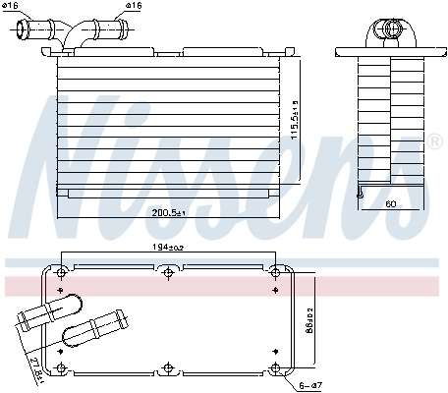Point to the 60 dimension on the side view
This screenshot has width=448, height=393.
pos(390,204)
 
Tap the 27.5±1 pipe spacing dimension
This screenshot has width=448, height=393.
pos(38,372)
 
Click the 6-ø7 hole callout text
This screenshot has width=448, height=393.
pos(310,386)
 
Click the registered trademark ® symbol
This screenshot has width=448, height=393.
pos(433,142)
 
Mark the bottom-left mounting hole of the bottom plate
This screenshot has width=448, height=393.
pos(62,368)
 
